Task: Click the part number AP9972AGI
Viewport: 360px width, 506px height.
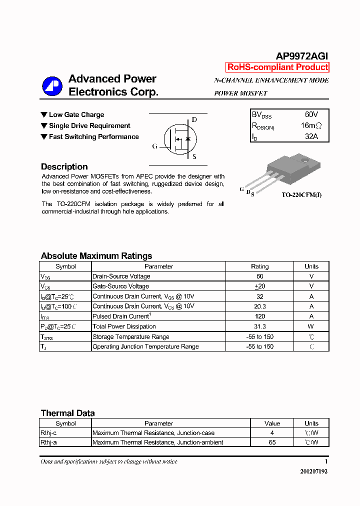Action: [x=302, y=56]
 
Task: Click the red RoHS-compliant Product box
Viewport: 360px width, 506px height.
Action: [x=277, y=67]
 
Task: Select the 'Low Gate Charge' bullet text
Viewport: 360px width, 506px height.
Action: [x=76, y=114]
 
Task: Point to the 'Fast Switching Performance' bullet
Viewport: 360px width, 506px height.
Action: [x=93, y=136]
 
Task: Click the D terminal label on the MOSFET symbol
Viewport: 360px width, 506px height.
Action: [x=194, y=120]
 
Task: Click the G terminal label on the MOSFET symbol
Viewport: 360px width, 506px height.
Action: [x=154, y=146]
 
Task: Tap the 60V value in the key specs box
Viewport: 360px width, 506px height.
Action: [x=311, y=114]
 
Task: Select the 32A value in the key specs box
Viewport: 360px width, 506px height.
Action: [x=311, y=136]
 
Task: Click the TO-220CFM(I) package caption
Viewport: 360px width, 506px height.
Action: [x=301, y=194]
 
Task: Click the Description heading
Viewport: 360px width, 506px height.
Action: [x=64, y=167]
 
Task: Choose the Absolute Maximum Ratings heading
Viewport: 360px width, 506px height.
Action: [x=96, y=256]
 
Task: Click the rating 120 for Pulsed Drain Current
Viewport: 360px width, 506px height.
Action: [x=259, y=316]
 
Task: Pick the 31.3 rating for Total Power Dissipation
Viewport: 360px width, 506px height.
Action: [x=259, y=326]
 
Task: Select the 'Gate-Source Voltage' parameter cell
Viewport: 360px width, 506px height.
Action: [x=120, y=286]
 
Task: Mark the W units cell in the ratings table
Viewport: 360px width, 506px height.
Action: [x=311, y=326]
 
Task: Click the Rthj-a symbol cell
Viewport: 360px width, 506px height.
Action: [x=48, y=442]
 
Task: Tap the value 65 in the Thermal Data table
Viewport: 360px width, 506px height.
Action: [x=272, y=442]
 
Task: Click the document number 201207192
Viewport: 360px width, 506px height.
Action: [x=314, y=471]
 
